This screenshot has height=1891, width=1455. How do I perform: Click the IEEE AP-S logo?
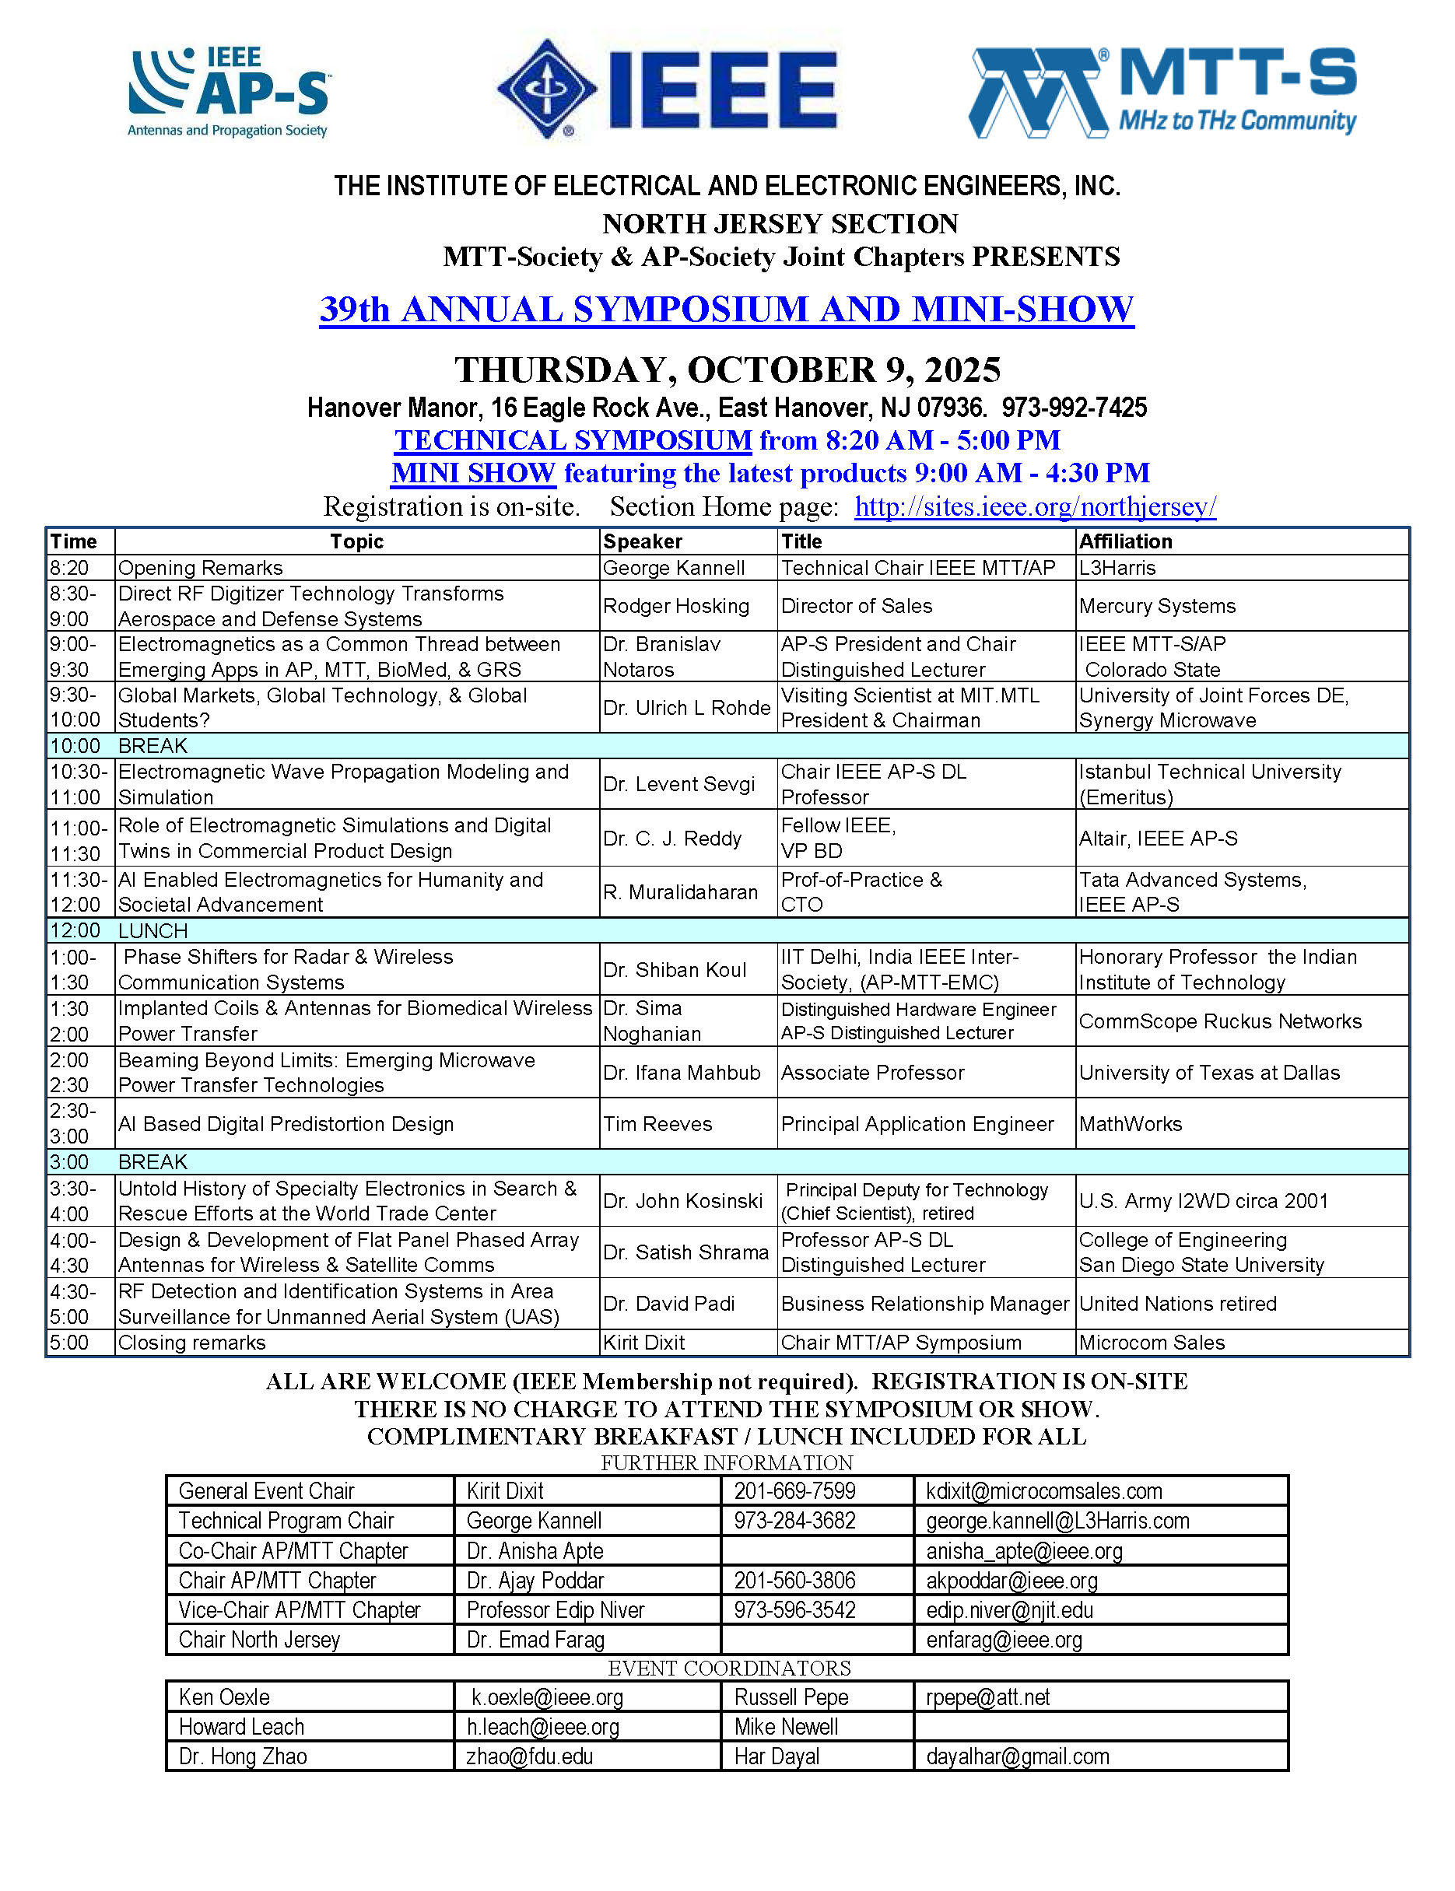pos(229,93)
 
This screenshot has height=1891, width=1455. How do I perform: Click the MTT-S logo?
pos(1162,93)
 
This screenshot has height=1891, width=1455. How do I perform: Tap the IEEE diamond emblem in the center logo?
pos(547,89)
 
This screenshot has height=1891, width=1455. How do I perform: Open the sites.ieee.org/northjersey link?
pos(1035,506)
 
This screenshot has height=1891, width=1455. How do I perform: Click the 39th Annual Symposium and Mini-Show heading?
pos(727,310)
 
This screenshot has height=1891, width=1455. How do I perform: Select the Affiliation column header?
pos(1125,542)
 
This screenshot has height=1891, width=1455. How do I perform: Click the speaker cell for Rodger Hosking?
pos(675,606)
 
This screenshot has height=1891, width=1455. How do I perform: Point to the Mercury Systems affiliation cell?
pos(1157,606)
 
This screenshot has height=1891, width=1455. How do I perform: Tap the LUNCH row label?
pos(153,931)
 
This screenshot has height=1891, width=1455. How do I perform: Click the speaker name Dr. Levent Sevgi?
pos(679,784)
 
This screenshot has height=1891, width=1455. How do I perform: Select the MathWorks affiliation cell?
pos(1131,1124)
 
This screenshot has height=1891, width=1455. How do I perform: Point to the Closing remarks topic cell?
pos(192,1343)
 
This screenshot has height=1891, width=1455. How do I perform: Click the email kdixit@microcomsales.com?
pos(1043,1491)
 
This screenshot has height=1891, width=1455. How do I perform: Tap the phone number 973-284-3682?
pos(794,1521)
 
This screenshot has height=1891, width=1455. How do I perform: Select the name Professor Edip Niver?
pos(555,1609)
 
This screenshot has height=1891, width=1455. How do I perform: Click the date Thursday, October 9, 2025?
pos(727,370)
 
